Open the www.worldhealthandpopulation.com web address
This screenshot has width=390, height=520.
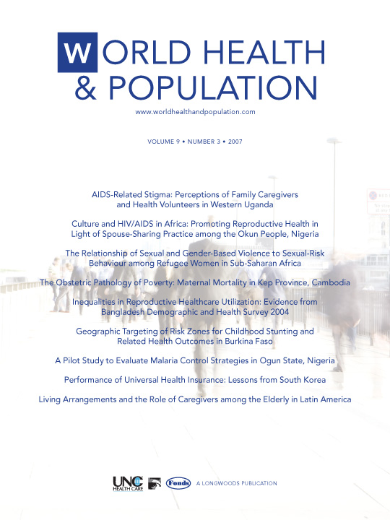pos(195,112)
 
